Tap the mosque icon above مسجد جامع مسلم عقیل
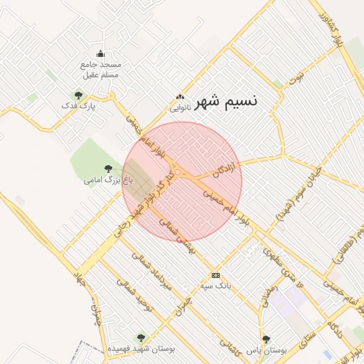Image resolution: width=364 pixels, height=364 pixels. click(100, 53)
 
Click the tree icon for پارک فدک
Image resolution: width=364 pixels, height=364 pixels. click(79, 95)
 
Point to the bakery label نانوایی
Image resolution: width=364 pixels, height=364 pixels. click(179, 109)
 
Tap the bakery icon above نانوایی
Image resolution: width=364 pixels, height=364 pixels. click(180, 98)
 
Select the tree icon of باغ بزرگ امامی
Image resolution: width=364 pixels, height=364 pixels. click(108, 168)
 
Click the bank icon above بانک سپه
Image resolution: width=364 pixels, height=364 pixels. click(216, 275)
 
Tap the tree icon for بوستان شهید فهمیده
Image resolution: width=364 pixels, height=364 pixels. click(139, 338)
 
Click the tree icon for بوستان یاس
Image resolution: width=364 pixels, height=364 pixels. click(266, 339)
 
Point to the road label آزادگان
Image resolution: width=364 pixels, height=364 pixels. click(223, 169)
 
